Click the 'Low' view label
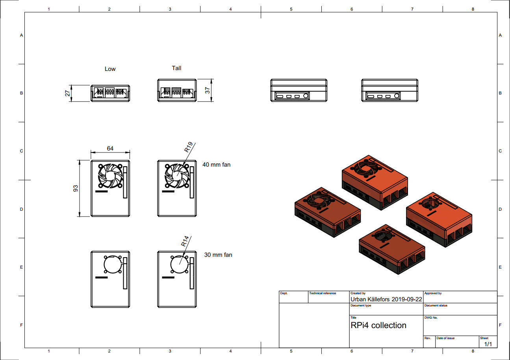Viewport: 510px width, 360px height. click(x=110, y=69)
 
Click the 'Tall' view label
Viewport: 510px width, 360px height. click(x=176, y=68)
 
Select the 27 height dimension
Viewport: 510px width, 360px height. click(x=68, y=93)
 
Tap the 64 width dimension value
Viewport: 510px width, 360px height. click(x=110, y=148)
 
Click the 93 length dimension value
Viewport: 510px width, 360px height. click(x=76, y=188)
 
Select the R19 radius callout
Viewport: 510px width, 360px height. click(x=188, y=148)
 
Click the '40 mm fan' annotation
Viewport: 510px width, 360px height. click(x=216, y=165)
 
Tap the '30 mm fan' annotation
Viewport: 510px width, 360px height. click(x=218, y=255)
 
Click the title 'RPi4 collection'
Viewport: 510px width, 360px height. click(x=378, y=325)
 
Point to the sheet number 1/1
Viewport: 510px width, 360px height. click(x=488, y=344)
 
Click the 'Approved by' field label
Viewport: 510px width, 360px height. click(x=433, y=293)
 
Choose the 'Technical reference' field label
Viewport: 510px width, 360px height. click(x=323, y=293)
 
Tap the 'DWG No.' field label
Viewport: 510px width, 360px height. click(x=431, y=317)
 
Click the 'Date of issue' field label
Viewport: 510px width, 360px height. click(x=445, y=338)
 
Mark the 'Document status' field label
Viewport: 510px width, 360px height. click(x=436, y=306)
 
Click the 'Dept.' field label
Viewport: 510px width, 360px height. click(x=284, y=293)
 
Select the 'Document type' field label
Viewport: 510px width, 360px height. click(x=360, y=306)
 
